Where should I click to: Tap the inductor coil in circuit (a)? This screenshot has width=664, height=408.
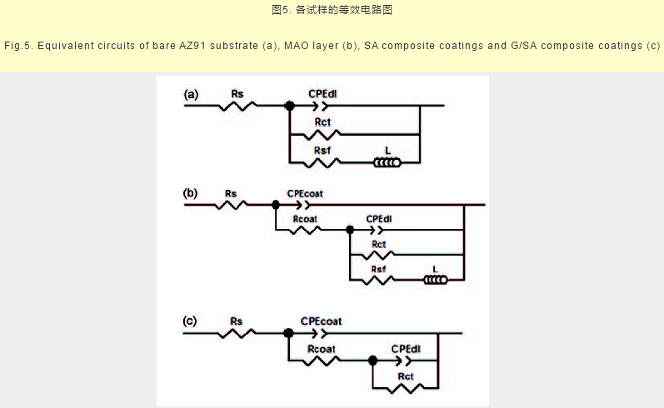coord(387,162)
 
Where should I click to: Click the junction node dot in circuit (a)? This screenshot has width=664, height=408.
coord(289,106)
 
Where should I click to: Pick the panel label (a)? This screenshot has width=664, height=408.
coord(192,95)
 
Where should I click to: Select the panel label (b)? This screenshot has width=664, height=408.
coord(192,193)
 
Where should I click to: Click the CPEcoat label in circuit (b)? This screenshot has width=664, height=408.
coord(305,193)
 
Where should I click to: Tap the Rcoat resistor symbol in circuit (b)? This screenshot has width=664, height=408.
coord(306,228)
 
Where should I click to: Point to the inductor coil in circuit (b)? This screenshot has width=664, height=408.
coord(435,279)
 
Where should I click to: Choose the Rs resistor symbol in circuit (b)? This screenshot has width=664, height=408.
coord(231,204)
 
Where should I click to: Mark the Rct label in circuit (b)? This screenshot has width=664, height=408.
coord(379,244)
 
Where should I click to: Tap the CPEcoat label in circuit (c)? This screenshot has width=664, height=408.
coord(322,321)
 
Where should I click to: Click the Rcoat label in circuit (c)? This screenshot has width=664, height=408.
coord(322,348)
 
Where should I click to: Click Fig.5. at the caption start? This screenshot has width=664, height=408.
coord(18,44)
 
